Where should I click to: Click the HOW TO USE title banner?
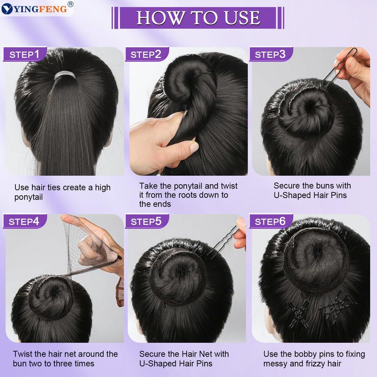pos(198,18)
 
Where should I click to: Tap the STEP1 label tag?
pos(25,54)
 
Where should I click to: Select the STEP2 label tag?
pos(146,54)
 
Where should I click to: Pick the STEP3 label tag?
pos(270,54)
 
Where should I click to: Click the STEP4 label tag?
pos(24,221)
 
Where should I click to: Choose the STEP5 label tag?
pos(146,221)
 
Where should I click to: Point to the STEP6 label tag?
pos(270,221)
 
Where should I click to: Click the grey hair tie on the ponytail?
pos(64,76)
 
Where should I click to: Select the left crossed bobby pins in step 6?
pos(299,313)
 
